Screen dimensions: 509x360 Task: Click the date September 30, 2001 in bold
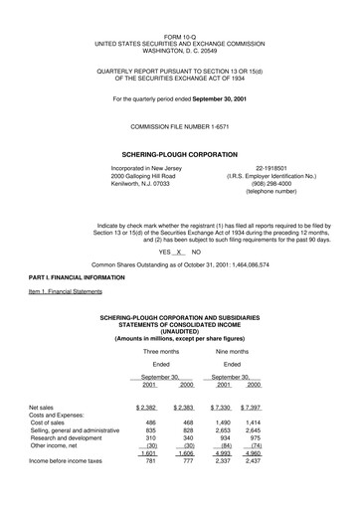(216, 99)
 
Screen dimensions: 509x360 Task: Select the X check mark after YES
(180, 253)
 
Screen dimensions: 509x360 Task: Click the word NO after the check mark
(196, 253)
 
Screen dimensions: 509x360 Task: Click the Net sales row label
(42, 435)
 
